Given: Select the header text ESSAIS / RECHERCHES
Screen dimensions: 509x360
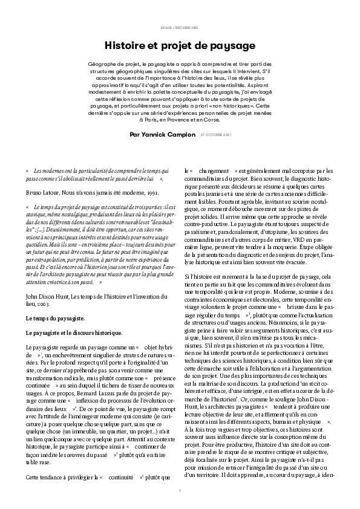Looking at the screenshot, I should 180,28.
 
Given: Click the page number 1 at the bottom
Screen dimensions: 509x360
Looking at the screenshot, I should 180,491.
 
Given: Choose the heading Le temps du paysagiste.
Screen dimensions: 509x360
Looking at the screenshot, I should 55,318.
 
